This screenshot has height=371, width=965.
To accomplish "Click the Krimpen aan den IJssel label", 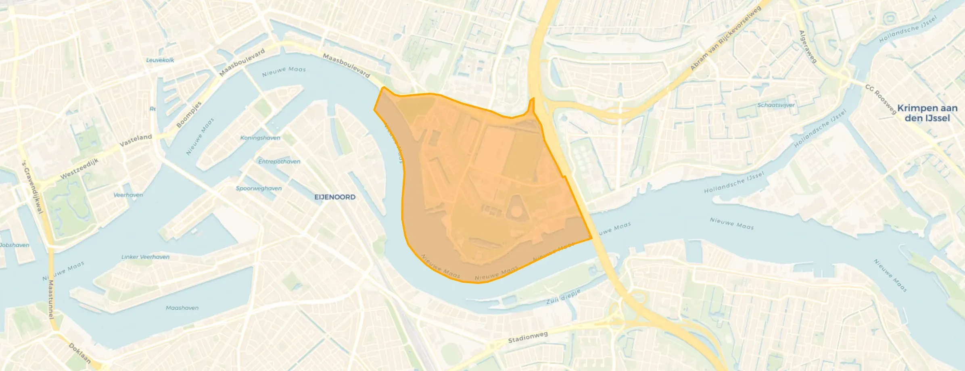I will click(x=927, y=113).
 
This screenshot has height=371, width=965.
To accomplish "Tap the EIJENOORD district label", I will click(x=335, y=197).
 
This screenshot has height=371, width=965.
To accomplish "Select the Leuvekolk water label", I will click(x=160, y=60).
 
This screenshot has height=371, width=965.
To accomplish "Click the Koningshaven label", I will click(x=260, y=138).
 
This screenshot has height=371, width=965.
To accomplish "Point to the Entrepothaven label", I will click(x=279, y=162).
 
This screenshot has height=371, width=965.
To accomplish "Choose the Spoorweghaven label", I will click(x=259, y=188).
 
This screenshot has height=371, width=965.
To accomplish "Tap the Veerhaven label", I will click(x=128, y=195).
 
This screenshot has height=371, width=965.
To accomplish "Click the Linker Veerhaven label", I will click(x=145, y=257).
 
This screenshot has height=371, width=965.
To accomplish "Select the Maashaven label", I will click(x=182, y=308).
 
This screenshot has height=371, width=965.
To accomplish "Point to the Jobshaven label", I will click(x=15, y=245).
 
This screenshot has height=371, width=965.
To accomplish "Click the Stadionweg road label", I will click(x=528, y=338).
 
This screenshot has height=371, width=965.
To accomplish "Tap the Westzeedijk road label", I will click(x=79, y=169).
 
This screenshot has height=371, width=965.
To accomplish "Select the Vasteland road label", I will click(x=136, y=140).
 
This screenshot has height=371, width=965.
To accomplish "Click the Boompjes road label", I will click(x=189, y=115).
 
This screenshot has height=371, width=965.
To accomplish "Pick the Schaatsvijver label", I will click(x=775, y=105).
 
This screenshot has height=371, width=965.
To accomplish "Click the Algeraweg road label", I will click(x=808, y=47).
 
